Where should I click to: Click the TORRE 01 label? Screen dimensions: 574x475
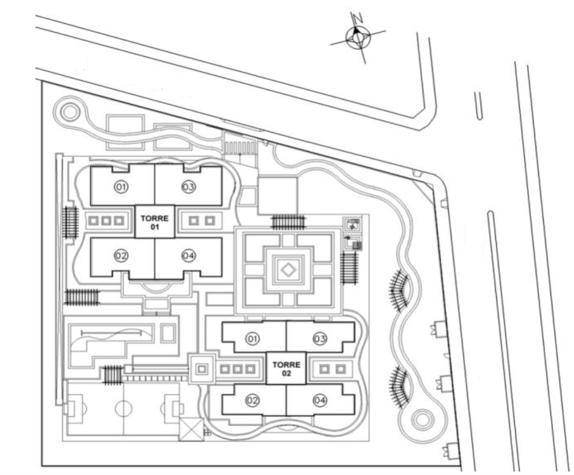(x=155, y=222)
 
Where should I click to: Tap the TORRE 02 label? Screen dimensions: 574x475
(x=287, y=369)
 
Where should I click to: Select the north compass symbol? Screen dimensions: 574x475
(x=358, y=37)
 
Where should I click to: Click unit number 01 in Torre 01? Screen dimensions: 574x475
(x=121, y=187)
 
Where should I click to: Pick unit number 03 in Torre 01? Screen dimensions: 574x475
(x=188, y=187)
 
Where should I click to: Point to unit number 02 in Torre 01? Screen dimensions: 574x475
(x=121, y=256)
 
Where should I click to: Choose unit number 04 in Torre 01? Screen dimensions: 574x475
(x=188, y=256)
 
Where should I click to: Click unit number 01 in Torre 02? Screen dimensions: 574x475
(x=252, y=339)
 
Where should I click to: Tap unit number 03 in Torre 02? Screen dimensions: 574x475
(x=319, y=339)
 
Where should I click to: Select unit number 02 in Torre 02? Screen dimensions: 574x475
(x=252, y=401)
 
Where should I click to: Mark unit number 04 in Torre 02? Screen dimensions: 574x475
(x=319, y=401)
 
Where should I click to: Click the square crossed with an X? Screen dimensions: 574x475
(x=191, y=430)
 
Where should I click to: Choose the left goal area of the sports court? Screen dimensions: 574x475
(x=69, y=408)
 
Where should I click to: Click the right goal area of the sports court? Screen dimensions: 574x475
(x=178, y=408)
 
